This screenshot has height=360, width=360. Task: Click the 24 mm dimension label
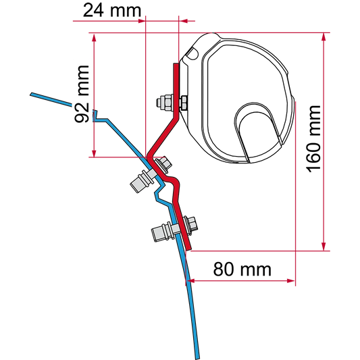click(x=112, y=11)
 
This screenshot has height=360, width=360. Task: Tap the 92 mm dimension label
click(x=82, y=94)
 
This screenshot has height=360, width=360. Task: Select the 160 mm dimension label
click(x=313, y=138)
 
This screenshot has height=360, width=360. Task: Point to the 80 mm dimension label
click(x=242, y=269)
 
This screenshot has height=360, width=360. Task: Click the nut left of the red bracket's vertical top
click(x=164, y=103)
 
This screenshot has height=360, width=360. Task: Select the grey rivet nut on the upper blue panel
click(x=143, y=181)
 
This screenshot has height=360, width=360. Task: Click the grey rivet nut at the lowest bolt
click(x=163, y=232)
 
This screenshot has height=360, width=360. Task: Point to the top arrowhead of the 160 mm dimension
click(x=324, y=36)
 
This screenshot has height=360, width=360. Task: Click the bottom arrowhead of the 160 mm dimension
click(x=324, y=247)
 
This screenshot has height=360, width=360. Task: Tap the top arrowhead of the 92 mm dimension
click(x=94, y=37)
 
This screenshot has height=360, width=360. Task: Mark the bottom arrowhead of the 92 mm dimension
click(x=94, y=153)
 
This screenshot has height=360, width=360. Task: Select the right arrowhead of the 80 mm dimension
click(x=290, y=281)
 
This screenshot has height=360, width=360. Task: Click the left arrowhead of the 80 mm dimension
click(x=190, y=281)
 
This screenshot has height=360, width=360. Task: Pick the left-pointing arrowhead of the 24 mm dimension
click(x=184, y=21)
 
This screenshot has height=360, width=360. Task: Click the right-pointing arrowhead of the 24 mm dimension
click(x=141, y=21)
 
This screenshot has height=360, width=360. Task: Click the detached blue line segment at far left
click(x=51, y=99)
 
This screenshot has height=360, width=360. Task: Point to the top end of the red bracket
click(x=176, y=63)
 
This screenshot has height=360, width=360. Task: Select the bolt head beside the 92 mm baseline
click(x=163, y=164)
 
